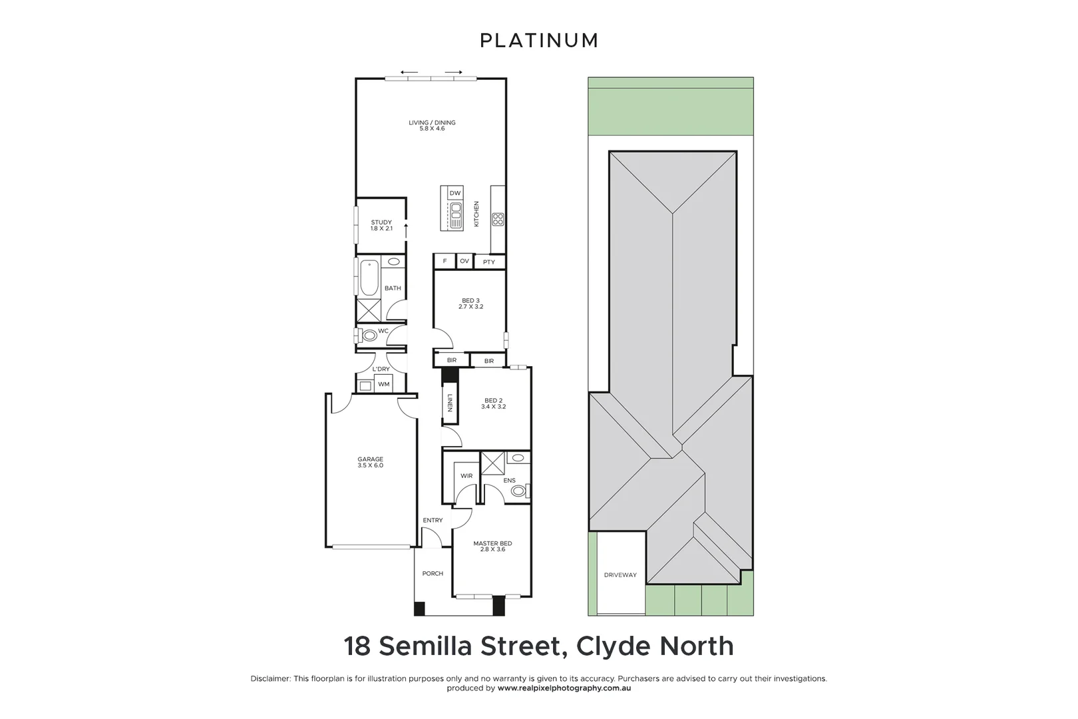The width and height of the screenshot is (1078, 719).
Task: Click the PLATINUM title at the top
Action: (x=539, y=41)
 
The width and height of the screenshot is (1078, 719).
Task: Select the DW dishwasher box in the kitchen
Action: (x=454, y=193)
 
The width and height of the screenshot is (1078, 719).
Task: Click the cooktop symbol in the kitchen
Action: (x=498, y=219)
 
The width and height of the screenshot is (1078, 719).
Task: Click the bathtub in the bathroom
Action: (x=369, y=278)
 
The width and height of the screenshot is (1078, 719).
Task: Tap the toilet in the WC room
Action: (x=369, y=335)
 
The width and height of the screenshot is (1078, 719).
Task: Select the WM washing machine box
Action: (x=383, y=384)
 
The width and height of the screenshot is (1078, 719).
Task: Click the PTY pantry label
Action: (x=489, y=262)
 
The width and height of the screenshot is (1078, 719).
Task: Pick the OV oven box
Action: (x=464, y=261)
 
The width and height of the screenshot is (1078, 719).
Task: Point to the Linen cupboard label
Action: (x=450, y=403)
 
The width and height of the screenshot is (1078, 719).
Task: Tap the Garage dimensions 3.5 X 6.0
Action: (x=370, y=465)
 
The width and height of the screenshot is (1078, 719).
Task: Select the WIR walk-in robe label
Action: (x=466, y=476)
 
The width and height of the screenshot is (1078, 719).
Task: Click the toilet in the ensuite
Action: (x=518, y=491)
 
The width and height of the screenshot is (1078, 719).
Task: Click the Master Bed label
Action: (x=492, y=543)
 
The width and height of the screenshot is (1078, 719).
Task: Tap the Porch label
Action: (x=433, y=573)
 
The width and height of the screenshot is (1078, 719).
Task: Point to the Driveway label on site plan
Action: (x=620, y=575)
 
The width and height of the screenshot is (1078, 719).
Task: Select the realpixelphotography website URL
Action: (x=564, y=688)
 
